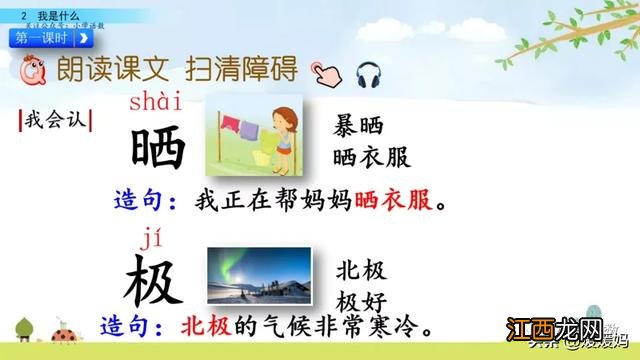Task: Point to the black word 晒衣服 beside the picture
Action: (372, 156)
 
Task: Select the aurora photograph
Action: (255, 273)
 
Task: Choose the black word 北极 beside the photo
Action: (361, 270)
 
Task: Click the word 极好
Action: (361, 300)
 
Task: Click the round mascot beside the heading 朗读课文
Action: (30, 71)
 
